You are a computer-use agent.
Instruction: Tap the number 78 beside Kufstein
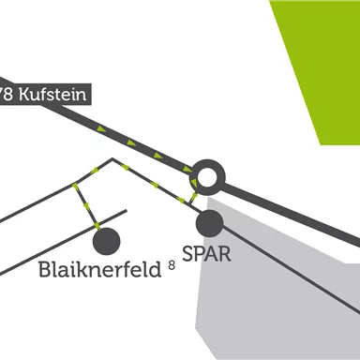click(7, 94)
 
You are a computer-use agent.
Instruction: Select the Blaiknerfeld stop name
click(101, 270)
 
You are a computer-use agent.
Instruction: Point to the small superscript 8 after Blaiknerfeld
click(172, 265)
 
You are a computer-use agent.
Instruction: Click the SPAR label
click(207, 254)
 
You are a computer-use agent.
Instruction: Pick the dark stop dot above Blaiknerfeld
click(105, 240)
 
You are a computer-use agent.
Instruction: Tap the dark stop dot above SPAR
click(209, 223)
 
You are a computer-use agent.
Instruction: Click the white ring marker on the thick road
click(208, 175)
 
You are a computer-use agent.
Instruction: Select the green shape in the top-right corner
click(319, 56)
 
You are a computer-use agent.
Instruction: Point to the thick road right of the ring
click(281, 209)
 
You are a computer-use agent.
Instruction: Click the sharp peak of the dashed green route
click(113, 159)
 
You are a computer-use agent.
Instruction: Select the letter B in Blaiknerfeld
click(46, 270)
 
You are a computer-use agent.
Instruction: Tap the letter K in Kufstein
click(24, 94)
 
